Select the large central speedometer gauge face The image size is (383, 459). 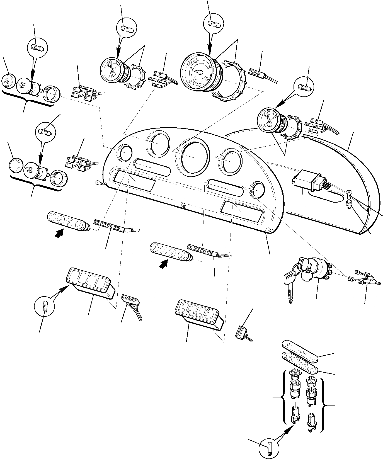198,72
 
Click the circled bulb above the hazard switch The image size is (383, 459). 38,47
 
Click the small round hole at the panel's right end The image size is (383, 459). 258,189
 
